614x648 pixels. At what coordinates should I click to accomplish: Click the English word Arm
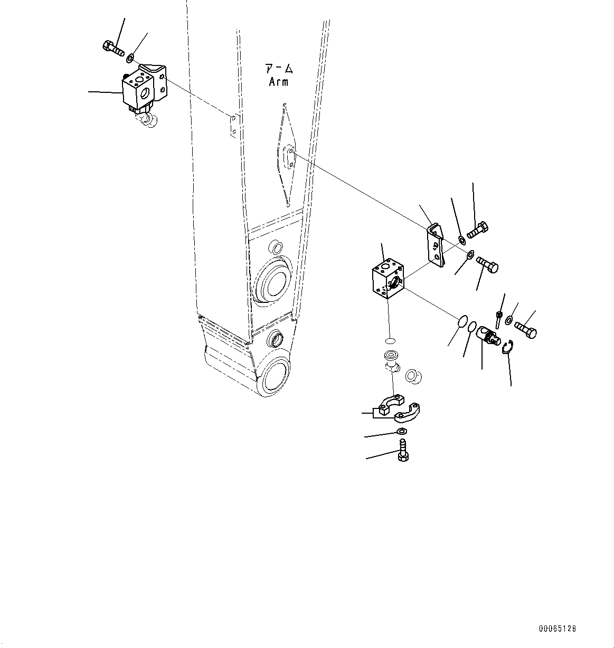coord(279,82)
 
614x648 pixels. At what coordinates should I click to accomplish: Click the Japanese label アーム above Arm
coord(279,69)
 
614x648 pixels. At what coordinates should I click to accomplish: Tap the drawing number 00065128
coord(558,628)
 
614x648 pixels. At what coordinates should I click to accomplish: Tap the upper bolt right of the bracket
coord(479,230)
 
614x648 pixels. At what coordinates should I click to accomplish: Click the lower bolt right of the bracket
coord(487,263)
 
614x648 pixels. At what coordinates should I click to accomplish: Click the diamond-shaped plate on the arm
coord(287,155)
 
